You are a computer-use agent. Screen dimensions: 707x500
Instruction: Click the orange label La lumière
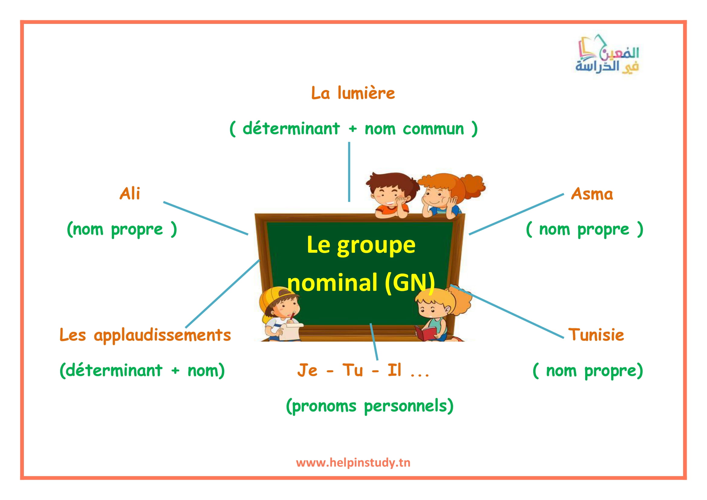pos(353,93)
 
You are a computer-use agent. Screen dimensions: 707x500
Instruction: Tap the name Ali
pos(130,194)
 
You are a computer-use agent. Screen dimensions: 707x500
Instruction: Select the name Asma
pos(592,194)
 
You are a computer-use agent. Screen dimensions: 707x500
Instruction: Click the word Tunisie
pos(596,335)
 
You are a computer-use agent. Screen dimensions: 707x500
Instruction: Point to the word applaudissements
pos(162,336)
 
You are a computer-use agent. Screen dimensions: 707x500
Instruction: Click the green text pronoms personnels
pos(369,406)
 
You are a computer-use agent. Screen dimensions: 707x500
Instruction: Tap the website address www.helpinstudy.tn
pos(353,463)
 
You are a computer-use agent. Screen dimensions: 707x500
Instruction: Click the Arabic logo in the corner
pos(607,54)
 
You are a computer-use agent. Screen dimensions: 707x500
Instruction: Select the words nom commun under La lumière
pos(414,129)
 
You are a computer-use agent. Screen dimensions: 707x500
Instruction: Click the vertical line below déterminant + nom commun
pos(349,172)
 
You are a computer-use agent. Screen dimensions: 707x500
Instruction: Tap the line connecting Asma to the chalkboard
pos(516,214)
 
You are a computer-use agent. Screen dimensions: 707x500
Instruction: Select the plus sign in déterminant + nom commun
pos(352,129)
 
